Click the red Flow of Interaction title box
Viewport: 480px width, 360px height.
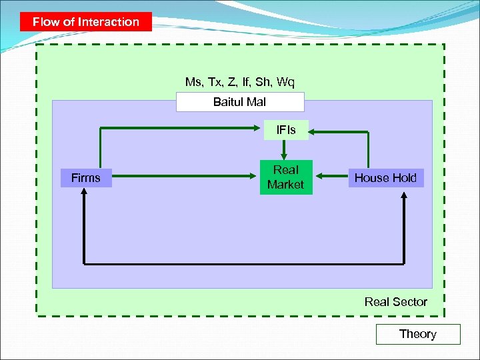(85, 21)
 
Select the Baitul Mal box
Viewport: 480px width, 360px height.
(239, 102)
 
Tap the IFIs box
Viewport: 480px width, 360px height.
(286, 129)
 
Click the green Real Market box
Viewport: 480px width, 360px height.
(285, 177)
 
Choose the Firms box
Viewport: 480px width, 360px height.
(85, 178)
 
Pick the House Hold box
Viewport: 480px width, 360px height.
(385, 178)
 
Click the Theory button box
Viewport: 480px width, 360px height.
(418, 334)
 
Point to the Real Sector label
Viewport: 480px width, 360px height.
(395, 302)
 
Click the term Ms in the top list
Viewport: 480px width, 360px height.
(193, 82)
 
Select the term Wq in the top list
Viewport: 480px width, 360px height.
(285, 82)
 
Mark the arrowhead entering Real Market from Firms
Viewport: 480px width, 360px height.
(255, 177)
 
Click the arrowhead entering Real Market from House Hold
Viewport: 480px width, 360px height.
(317, 177)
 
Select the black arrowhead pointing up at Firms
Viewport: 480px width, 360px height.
(84, 192)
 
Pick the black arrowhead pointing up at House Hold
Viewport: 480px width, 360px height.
(405, 192)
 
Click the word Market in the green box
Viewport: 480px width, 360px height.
(285, 185)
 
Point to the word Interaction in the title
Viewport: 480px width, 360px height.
(108, 21)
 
